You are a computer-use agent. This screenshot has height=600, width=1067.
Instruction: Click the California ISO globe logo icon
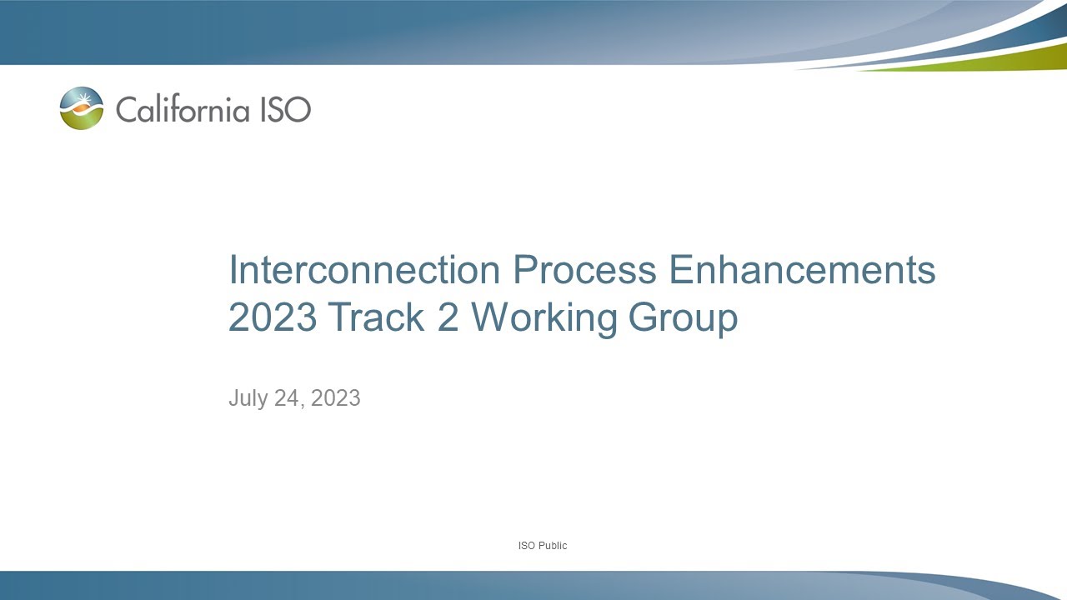click(82, 108)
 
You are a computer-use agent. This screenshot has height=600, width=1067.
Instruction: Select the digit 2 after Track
click(448, 317)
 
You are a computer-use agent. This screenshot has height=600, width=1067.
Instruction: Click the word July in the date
click(248, 398)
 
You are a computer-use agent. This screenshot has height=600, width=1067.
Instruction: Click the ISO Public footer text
click(542, 546)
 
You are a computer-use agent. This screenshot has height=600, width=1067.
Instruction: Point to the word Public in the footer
click(552, 546)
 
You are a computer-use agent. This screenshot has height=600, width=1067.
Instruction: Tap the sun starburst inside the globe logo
click(83, 102)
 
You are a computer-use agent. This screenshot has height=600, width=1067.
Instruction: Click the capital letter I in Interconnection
click(233, 270)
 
